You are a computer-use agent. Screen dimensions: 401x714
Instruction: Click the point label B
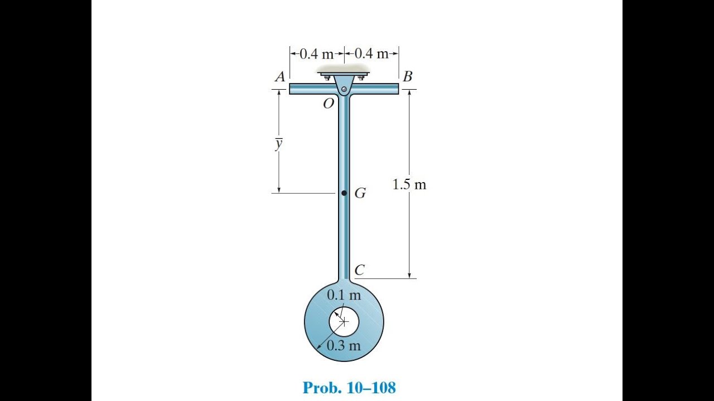(x=408, y=77)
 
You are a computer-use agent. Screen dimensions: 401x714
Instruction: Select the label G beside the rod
(x=360, y=194)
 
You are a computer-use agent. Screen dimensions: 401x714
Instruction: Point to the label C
(x=360, y=271)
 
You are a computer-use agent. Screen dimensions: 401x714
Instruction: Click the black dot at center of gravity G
(x=344, y=193)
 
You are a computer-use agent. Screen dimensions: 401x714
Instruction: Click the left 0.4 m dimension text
(x=316, y=54)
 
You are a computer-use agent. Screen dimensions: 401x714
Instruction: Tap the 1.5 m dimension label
(x=409, y=185)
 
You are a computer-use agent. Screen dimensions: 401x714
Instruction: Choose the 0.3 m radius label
(x=344, y=346)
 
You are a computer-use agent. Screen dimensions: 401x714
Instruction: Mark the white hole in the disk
(x=344, y=321)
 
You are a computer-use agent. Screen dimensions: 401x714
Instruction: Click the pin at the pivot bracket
(x=344, y=89)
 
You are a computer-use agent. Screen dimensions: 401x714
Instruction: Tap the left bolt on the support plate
(x=327, y=77)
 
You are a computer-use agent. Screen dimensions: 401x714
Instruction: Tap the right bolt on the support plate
(x=361, y=77)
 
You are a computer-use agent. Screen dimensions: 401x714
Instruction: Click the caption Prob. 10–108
(x=349, y=388)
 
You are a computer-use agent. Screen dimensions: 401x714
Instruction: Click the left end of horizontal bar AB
(x=291, y=89)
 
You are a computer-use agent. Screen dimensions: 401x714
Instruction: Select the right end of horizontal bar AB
(x=397, y=89)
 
